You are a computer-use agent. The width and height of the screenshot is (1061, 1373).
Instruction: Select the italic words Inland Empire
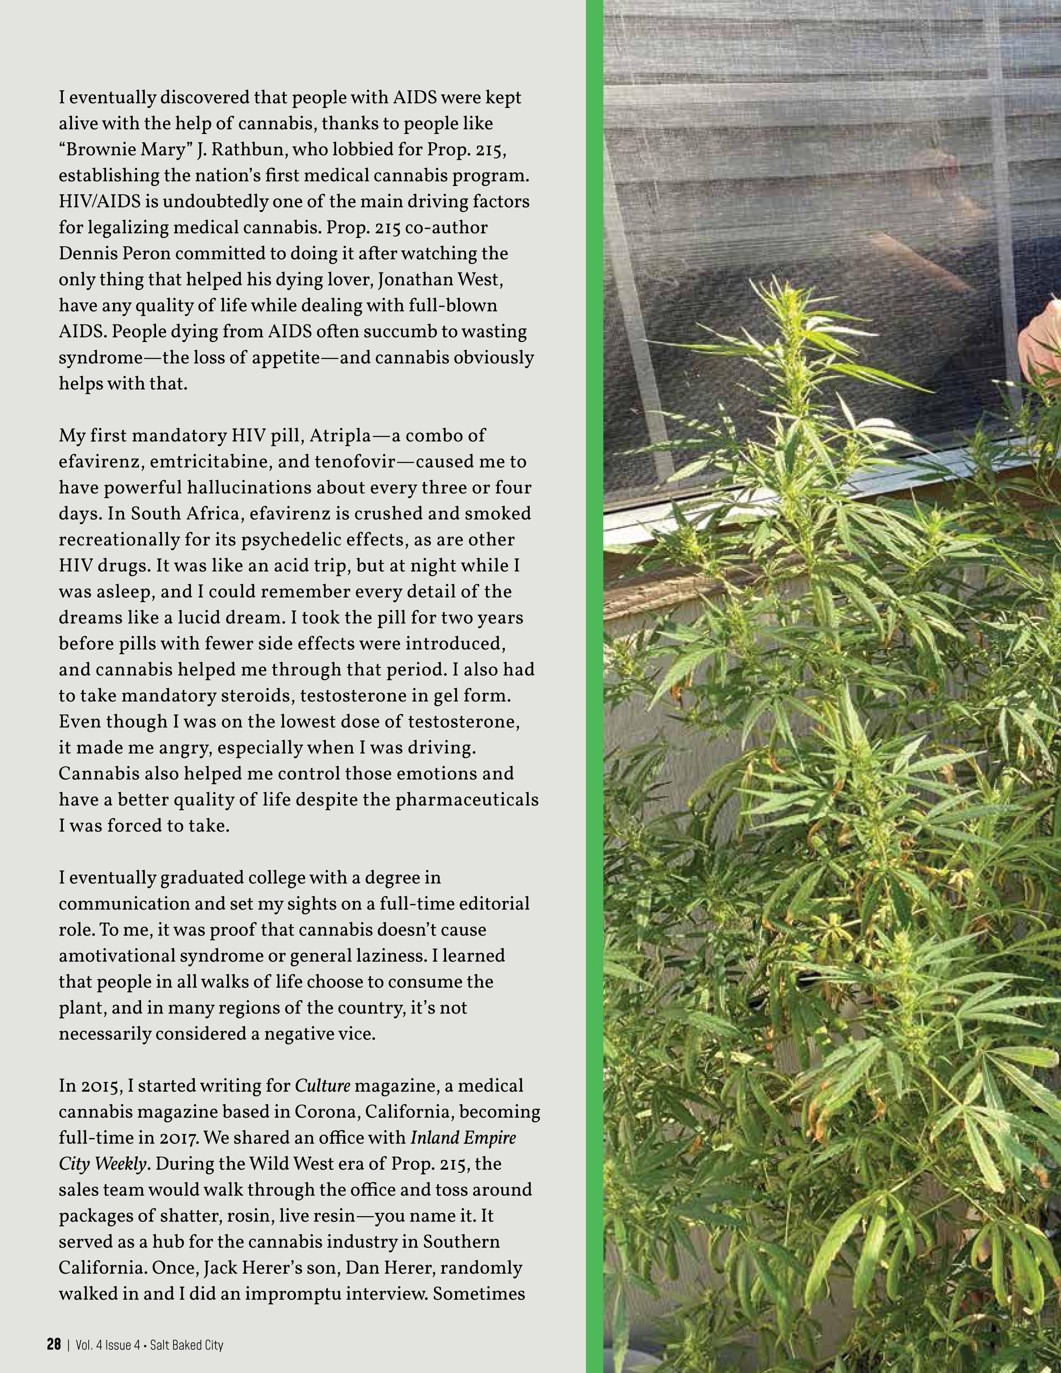pos(463,1138)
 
